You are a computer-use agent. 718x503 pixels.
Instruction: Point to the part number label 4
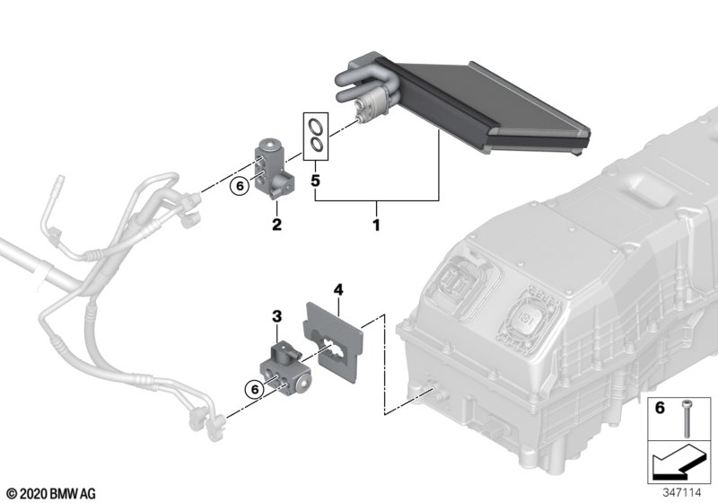[338, 289]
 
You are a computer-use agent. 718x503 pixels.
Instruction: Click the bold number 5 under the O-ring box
[315, 180]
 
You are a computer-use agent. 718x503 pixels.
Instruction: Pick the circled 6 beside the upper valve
[238, 187]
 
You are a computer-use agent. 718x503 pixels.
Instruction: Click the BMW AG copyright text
[50, 493]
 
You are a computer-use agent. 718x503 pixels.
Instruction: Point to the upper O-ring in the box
[315, 126]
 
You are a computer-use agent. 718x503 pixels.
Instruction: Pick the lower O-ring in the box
[315, 143]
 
